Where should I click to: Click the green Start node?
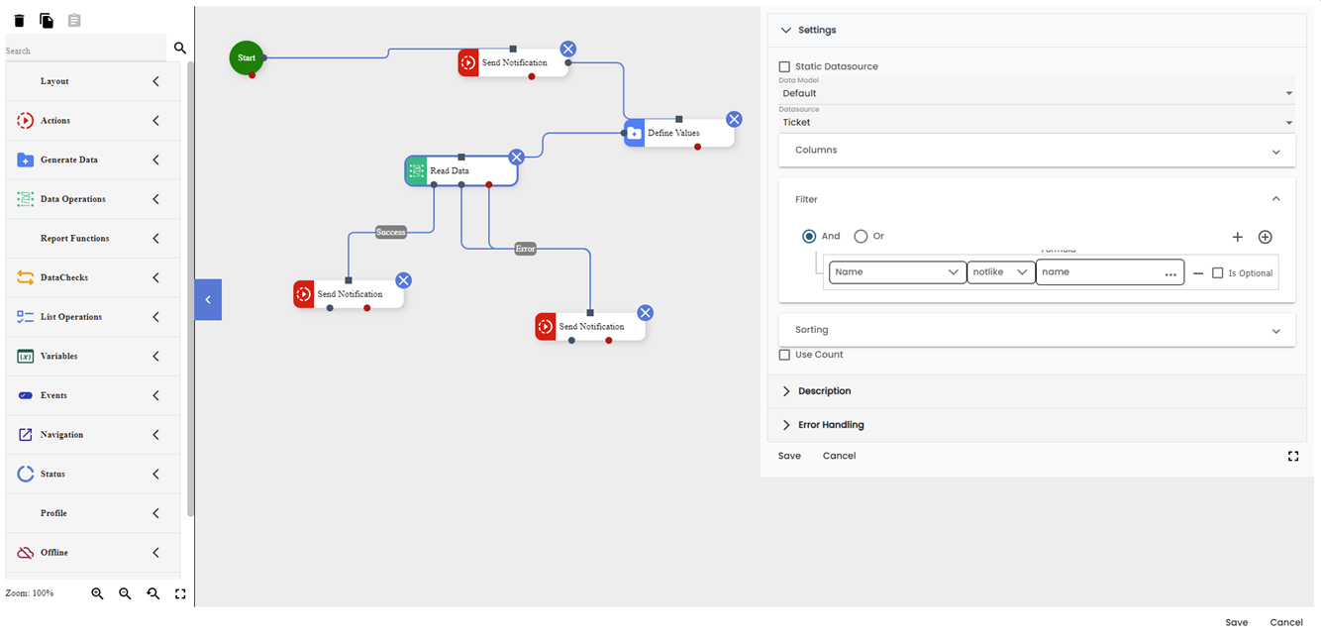[x=247, y=57]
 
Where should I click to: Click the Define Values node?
[x=679, y=133]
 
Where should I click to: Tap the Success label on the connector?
[x=391, y=232]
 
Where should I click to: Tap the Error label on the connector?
[x=525, y=249]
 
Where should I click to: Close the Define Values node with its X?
[x=734, y=119]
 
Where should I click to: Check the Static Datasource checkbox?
[x=785, y=66]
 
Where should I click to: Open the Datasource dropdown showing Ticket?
[x=1036, y=122]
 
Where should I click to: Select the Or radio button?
[x=861, y=236]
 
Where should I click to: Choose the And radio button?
[x=809, y=236]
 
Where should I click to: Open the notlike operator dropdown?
[x=1000, y=271]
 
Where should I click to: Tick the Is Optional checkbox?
[x=1218, y=272]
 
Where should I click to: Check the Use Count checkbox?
[x=785, y=355]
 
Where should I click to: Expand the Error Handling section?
[x=831, y=425]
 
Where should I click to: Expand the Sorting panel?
[x=1036, y=330]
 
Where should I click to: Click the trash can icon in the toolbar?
[x=19, y=21]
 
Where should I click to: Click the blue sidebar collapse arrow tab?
[x=208, y=299]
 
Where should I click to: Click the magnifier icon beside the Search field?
[x=180, y=48]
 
